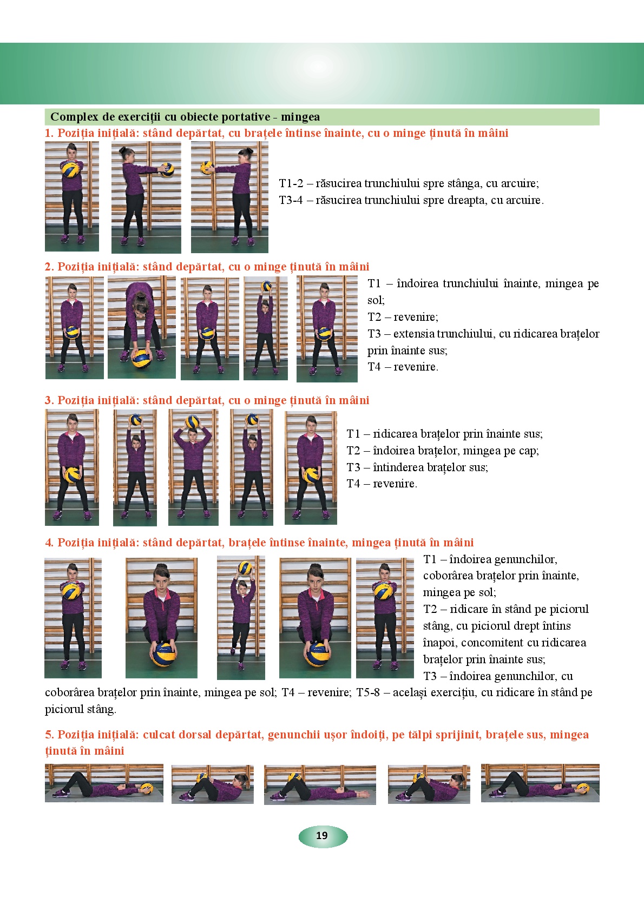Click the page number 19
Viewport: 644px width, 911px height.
(x=322, y=835)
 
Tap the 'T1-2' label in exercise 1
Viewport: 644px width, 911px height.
(x=291, y=183)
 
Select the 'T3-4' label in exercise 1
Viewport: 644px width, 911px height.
(x=291, y=200)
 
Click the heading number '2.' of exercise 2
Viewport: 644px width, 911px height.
(x=49, y=267)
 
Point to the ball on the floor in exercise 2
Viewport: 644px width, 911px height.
(x=141, y=358)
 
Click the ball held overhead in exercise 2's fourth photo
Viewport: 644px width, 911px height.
(x=266, y=286)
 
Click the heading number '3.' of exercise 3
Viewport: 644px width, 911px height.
(x=49, y=401)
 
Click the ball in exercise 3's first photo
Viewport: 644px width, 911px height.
(x=72, y=475)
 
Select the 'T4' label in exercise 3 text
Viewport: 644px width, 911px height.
(x=353, y=484)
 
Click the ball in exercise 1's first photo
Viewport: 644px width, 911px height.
(x=70, y=169)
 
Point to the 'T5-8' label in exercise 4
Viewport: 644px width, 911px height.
(x=368, y=692)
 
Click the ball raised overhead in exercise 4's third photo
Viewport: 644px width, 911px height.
(x=245, y=567)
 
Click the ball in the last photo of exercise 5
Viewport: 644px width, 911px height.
(x=582, y=788)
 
